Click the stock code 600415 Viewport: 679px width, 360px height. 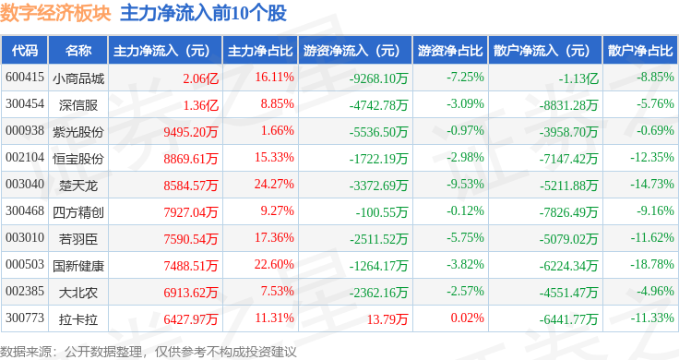[25, 78]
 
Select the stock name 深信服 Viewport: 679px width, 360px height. [78, 105]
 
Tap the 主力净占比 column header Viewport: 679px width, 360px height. [260, 51]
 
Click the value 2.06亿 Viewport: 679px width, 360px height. [200, 78]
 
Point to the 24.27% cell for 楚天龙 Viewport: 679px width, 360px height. [274, 184]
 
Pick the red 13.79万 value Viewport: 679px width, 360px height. [387, 319]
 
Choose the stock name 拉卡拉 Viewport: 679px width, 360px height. [78, 319]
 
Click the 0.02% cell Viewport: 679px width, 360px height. [467, 318]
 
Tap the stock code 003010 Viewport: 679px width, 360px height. [25, 238]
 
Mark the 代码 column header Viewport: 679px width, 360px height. [25, 51]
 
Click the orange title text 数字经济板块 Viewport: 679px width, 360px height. [55, 13]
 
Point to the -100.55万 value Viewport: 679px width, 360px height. [382, 212]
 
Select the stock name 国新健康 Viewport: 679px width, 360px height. [78, 266]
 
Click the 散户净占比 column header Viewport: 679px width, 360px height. [640, 51]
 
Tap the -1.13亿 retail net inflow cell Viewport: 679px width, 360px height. [578, 78]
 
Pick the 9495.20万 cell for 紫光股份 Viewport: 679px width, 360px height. [191, 132]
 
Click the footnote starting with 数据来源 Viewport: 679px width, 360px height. [149, 352]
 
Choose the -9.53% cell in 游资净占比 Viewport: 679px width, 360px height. [465, 184]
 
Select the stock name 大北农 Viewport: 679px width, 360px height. [78, 293]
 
